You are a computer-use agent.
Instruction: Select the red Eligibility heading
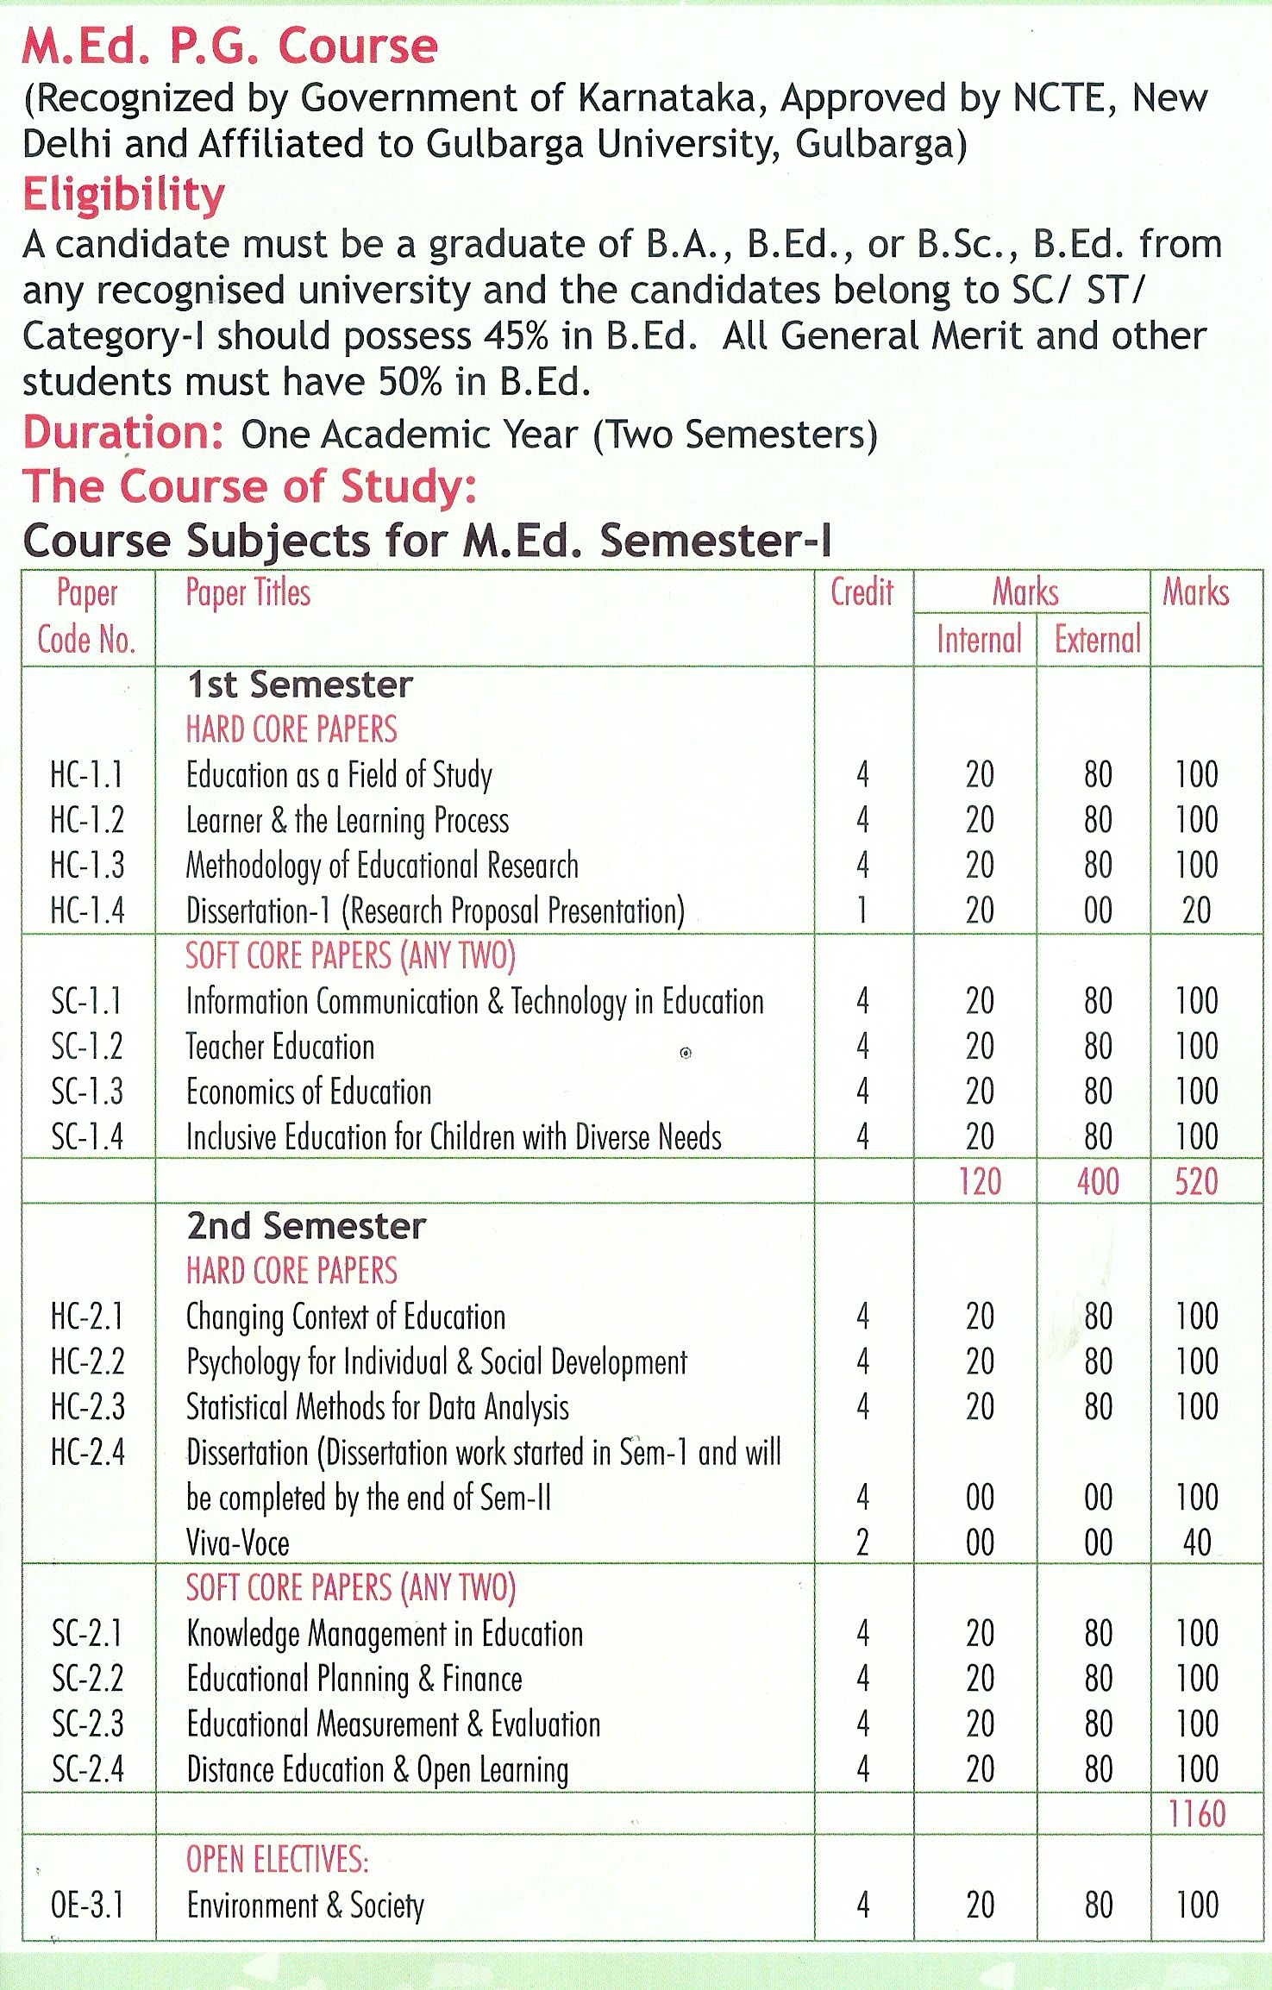pos(123,194)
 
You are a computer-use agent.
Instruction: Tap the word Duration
pos(122,432)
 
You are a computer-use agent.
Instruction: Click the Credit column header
pos(862,592)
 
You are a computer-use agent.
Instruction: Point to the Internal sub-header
pos(979,639)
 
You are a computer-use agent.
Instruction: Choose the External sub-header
pos(1097,639)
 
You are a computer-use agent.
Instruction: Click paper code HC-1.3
pos(87,865)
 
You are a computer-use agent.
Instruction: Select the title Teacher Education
pos(280,1047)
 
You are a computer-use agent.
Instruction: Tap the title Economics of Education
pos(309,1092)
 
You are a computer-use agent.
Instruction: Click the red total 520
pos(1196,1181)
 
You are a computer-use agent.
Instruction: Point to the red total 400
pos(1098,1181)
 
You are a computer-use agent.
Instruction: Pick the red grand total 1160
pos(1196,1814)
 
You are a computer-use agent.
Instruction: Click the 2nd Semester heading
pos(306,1225)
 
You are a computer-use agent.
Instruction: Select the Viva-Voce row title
pos(238,1543)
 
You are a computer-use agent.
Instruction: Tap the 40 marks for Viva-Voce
pos(1197,1543)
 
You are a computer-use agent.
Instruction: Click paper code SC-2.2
pos(87,1679)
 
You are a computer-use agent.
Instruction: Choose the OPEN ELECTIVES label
pos(277,1860)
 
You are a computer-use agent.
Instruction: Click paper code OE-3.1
pos(87,1906)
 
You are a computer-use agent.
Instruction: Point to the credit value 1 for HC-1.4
pos(862,911)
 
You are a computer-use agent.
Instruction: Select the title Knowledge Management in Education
pos(385,1634)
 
